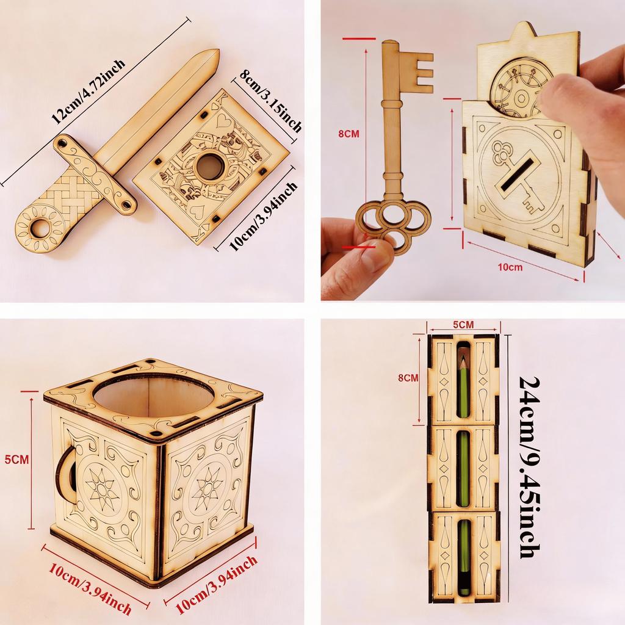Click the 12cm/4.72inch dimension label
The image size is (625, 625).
click(89, 92)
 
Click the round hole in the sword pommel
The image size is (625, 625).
click(41, 228)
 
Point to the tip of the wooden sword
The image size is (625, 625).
click(215, 54)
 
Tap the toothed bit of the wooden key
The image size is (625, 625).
click(419, 68)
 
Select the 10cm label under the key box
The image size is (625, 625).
click(510, 267)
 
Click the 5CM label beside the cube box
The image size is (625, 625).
click(16, 460)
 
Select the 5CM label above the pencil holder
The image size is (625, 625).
click(463, 324)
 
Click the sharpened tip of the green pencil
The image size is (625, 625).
click(464, 361)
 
